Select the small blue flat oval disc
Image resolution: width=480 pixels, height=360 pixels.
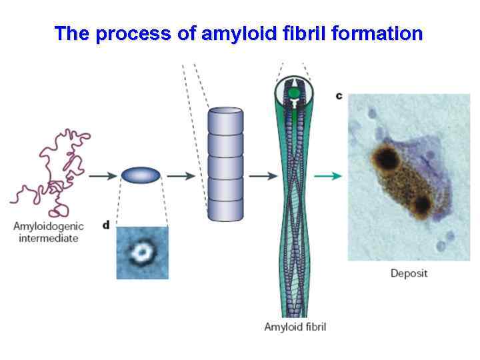(x=141, y=175)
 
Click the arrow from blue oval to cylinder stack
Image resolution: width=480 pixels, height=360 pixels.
(x=180, y=176)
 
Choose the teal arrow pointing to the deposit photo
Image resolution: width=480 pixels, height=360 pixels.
(x=330, y=176)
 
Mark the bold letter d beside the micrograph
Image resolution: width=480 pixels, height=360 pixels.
(x=106, y=225)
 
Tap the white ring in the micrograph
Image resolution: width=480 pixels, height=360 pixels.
(x=142, y=252)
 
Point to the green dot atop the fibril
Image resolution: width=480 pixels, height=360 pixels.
(x=293, y=92)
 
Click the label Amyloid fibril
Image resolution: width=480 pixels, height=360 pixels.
(x=295, y=327)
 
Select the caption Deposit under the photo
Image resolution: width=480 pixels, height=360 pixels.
(x=409, y=273)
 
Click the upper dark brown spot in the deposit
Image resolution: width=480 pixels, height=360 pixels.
(x=385, y=159)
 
